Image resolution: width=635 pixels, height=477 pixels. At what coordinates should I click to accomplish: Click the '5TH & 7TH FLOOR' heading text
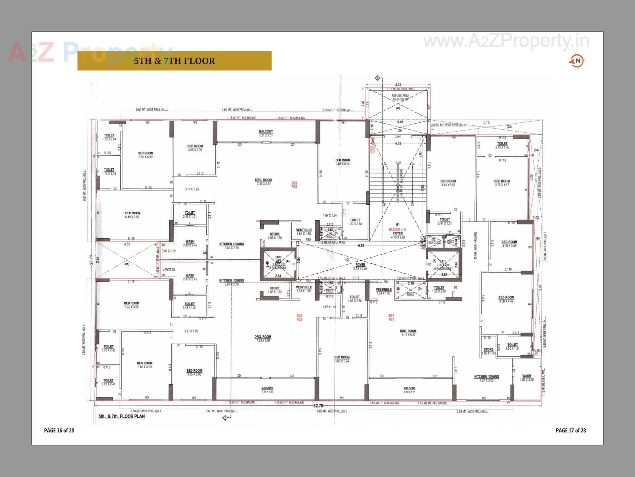pyautogui.click(x=174, y=61)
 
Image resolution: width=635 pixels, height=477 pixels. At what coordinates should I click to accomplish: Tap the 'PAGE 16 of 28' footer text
pyautogui.click(x=59, y=430)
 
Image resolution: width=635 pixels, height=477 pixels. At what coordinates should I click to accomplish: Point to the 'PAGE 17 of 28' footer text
pyautogui.click(x=571, y=430)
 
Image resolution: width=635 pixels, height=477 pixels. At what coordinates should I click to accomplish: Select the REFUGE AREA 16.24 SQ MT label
pyautogui.click(x=400, y=97)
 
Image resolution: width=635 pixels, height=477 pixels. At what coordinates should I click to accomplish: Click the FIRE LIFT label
pyautogui.click(x=278, y=259)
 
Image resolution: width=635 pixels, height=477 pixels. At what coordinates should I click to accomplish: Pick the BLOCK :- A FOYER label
pyautogui.click(x=398, y=231)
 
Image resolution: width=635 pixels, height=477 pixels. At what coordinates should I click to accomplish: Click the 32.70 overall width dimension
pyautogui.click(x=318, y=406)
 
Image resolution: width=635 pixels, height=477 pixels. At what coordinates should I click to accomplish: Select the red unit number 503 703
pyautogui.click(x=294, y=185)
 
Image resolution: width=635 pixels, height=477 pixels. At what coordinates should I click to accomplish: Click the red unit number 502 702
pyautogui.click(x=299, y=317)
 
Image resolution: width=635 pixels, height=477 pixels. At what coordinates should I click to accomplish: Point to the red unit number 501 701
pyautogui.click(x=391, y=318)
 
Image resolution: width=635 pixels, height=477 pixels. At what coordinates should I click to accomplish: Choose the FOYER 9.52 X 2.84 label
pyautogui.click(x=360, y=267)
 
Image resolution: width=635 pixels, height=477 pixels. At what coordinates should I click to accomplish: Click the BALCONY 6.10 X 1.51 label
pyautogui.click(x=409, y=390)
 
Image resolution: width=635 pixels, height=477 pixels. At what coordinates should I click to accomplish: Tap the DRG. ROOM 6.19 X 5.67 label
pyautogui.click(x=408, y=333)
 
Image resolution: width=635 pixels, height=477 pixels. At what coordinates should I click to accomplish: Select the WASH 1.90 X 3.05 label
pyautogui.click(x=527, y=378)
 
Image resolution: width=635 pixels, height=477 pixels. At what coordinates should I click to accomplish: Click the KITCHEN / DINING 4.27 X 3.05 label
pyautogui.click(x=487, y=378)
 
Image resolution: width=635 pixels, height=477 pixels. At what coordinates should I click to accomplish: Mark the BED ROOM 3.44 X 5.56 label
pyautogui.click(x=448, y=183)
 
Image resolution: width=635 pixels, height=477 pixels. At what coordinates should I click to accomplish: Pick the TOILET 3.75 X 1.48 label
pyautogui.click(x=502, y=145)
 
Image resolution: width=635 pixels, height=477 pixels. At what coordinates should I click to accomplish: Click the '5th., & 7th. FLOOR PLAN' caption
pyautogui.click(x=121, y=416)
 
